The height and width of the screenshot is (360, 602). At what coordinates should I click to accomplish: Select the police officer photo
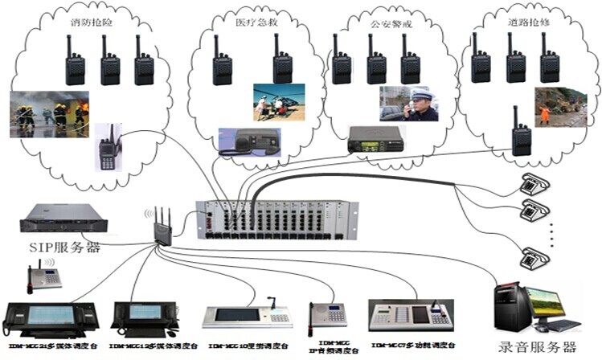(x=408, y=104)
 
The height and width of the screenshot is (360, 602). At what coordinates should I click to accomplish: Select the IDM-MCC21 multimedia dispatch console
(x=51, y=317)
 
